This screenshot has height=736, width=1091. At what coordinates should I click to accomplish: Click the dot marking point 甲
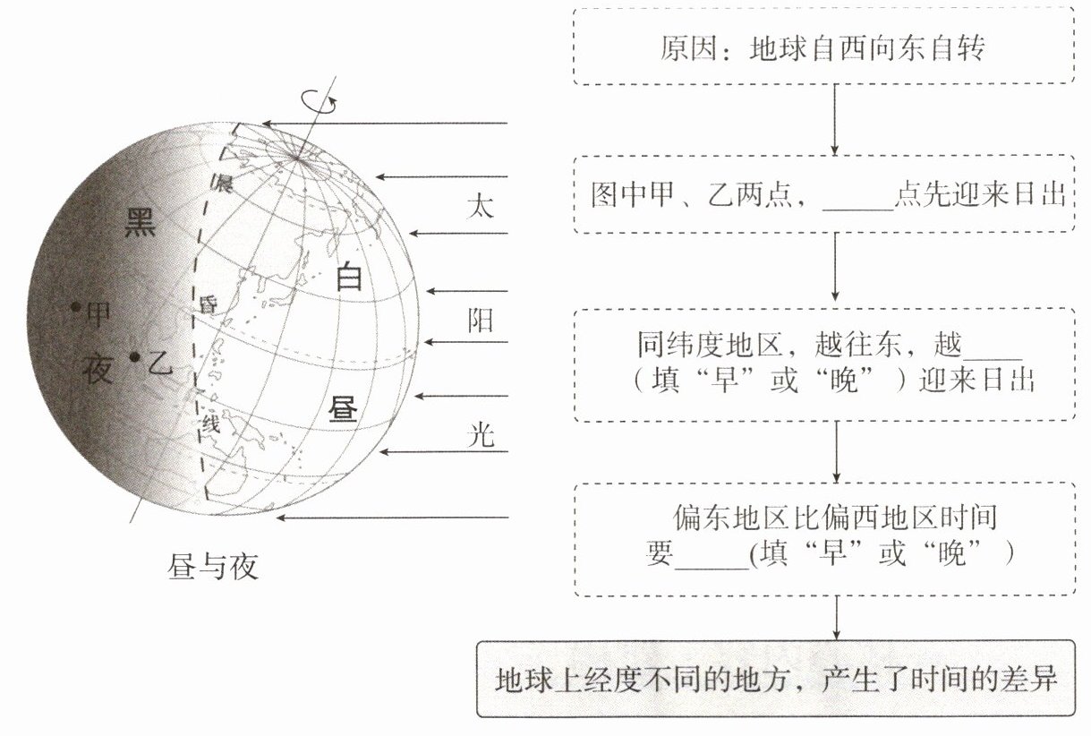(77, 307)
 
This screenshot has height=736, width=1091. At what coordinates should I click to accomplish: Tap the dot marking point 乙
(134, 357)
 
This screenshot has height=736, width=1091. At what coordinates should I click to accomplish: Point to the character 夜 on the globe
(98, 367)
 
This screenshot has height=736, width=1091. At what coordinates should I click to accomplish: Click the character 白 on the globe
(348, 278)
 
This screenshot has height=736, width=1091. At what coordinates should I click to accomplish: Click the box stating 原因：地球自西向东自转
(823, 47)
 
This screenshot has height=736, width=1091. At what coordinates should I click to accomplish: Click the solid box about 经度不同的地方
(775, 679)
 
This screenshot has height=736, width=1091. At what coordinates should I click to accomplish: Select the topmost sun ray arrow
(385, 124)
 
